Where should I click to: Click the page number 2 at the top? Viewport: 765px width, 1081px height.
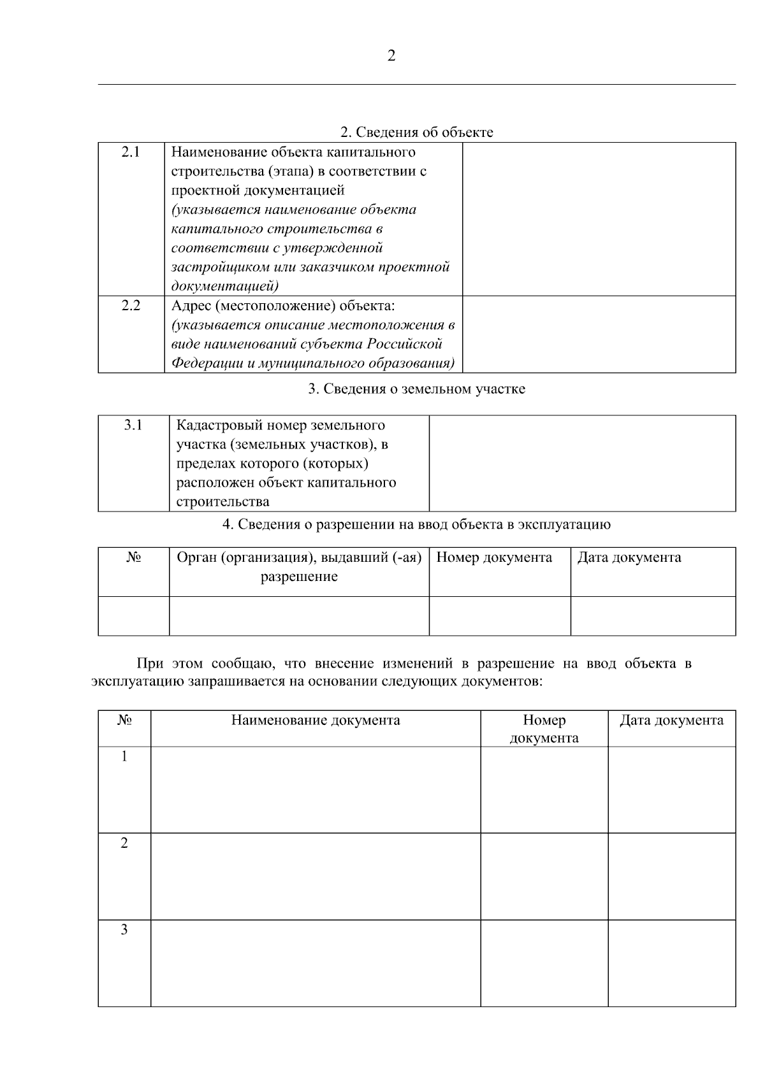[x=391, y=56]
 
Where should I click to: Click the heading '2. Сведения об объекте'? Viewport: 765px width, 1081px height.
[x=416, y=132]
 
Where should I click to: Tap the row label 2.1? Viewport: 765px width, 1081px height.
[x=131, y=152]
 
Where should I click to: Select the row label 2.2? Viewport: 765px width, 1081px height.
[x=131, y=305]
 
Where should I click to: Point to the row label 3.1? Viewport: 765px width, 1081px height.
[x=133, y=425]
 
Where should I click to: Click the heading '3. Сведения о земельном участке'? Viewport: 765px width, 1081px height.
[x=416, y=389]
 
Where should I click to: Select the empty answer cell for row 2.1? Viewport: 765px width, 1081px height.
[x=599, y=218]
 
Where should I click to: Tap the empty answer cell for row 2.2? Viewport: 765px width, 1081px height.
[x=599, y=334]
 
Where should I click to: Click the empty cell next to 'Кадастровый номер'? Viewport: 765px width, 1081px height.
[x=582, y=463]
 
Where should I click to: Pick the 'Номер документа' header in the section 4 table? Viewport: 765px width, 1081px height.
[x=494, y=557]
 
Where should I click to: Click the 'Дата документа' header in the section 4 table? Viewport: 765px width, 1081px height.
[x=629, y=557]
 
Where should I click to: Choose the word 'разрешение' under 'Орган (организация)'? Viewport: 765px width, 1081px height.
[x=299, y=577]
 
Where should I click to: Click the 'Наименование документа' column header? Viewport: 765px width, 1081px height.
[x=316, y=720]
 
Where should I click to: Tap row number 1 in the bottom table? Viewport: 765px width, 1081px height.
[x=124, y=757]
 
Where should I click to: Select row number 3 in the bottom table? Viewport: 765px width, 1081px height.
[x=124, y=930]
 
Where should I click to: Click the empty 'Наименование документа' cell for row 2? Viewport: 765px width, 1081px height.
[x=316, y=876]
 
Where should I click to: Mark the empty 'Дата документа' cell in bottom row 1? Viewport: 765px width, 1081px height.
[x=671, y=789]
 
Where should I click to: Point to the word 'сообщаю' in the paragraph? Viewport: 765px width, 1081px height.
[x=244, y=663]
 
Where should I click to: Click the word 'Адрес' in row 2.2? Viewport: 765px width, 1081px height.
[x=191, y=305]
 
